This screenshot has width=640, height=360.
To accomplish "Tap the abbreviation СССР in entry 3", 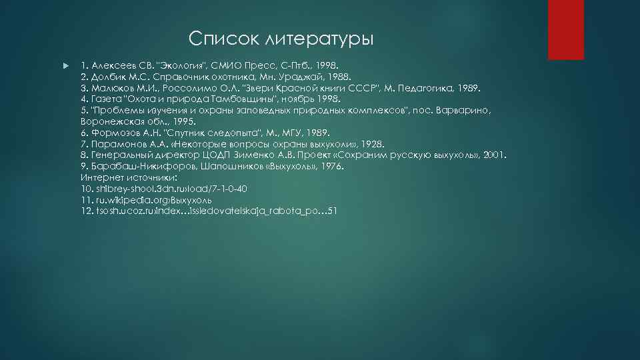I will (x=376, y=88).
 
